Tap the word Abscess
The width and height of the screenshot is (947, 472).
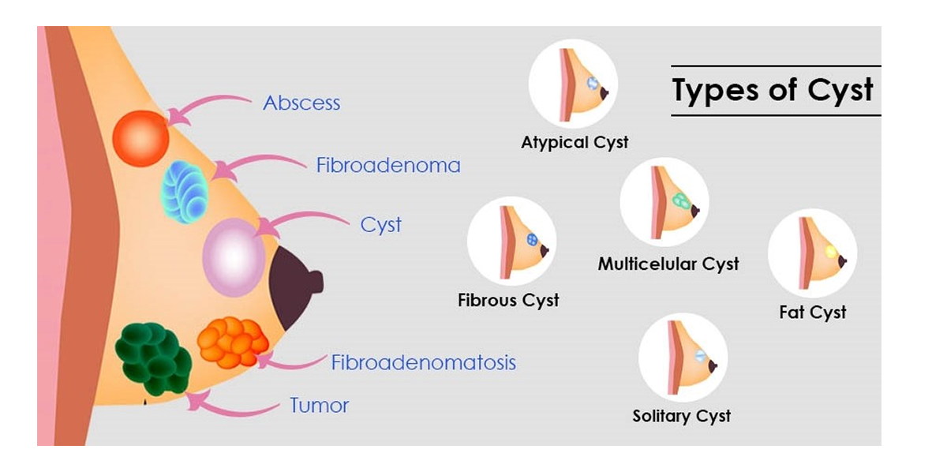pos(301,103)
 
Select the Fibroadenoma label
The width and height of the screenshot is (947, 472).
pos(388,166)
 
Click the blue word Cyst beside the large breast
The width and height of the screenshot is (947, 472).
pos(381,225)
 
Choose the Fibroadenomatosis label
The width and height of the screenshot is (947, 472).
pos(423,363)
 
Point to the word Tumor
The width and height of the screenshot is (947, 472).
pos(319,406)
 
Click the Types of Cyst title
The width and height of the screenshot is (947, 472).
pos(773,91)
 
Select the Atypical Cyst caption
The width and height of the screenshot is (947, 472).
pos(575,143)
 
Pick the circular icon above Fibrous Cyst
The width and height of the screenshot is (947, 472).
pos(511,242)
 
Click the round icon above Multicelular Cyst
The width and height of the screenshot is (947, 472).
pos(664,202)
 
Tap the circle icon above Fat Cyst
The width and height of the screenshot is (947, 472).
pos(812,253)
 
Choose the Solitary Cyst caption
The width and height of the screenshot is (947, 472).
pos(682,416)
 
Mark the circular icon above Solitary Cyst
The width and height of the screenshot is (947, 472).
pos(683,358)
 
